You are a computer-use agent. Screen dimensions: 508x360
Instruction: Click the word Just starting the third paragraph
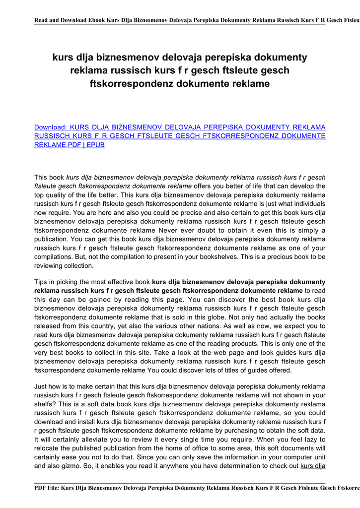pyautogui.click(x=41, y=386)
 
